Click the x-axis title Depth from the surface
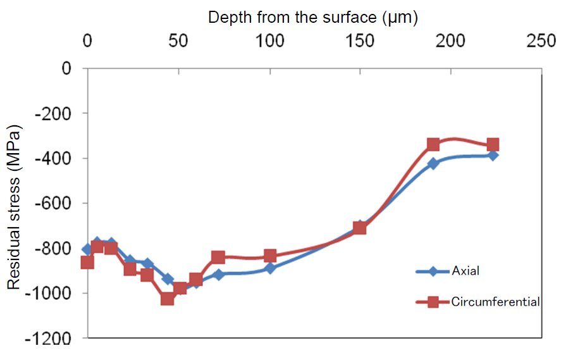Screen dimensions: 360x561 [x=313, y=18]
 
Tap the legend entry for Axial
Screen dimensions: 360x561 [x=465, y=271]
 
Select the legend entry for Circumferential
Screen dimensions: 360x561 [x=495, y=302]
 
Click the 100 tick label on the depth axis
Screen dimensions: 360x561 [x=270, y=42]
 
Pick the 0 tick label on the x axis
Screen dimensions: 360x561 [x=88, y=42]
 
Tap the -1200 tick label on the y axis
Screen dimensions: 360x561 [x=53, y=338]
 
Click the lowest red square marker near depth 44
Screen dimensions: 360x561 [x=168, y=298]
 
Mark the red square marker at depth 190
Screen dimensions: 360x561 [x=433, y=145]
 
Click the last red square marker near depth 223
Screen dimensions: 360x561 [x=493, y=145]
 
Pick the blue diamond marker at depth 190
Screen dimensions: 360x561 [x=433, y=163]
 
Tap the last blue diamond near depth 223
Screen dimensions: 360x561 [x=493, y=155]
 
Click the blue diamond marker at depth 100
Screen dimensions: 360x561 [x=270, y=268]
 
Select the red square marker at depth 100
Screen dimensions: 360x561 [x=270, y=256]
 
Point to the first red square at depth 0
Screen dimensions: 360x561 [x=88, y=262]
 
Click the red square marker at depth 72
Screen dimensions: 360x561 [x=219, y=258]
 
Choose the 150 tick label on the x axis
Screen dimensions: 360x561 [x=361, y=42]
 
